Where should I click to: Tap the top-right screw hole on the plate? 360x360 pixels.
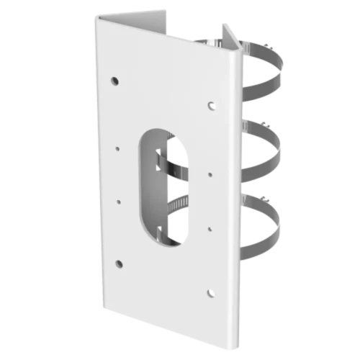[x=211, y=106]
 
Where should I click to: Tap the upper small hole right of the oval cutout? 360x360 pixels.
[x=210, y=174]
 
